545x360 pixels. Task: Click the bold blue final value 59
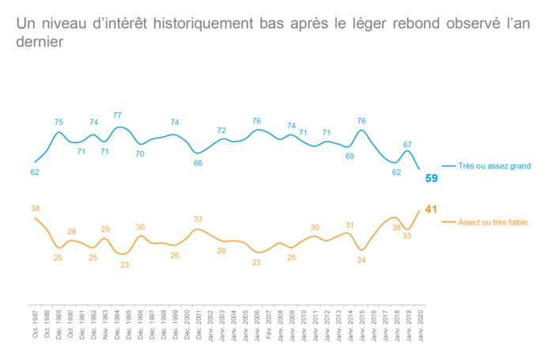[431, 178]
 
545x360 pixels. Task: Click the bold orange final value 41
[431, 209]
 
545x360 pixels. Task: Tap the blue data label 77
[117, 116]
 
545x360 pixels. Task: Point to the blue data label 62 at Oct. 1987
[35, 172]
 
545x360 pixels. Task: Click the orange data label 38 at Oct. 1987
[35, 208]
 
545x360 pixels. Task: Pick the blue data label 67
[407, 145]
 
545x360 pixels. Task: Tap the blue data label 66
[199, 162]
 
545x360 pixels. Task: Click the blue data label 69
[349, 157]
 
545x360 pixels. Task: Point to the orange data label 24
[361, 260]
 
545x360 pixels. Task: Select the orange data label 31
[349, 225]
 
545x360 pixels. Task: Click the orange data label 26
[175, 255]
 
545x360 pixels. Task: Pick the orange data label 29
[105, 229]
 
